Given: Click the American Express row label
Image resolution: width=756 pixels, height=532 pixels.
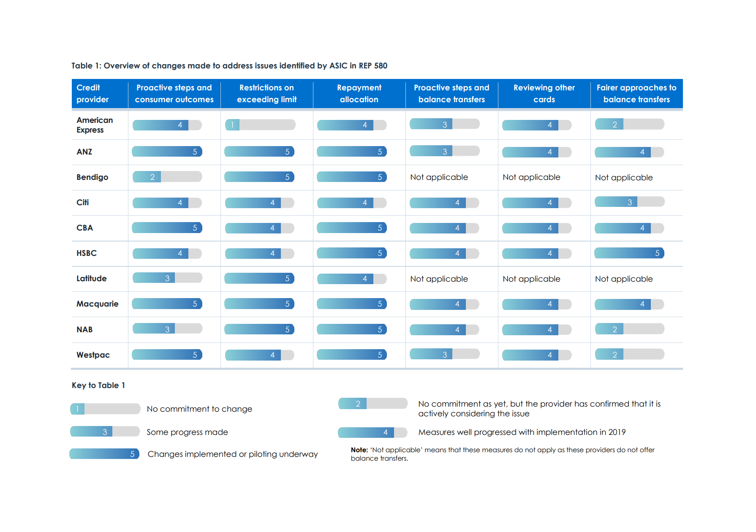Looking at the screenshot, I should [x=95, y=125].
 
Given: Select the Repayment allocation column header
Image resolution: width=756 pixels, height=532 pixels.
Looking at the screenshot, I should [x=359, y=94].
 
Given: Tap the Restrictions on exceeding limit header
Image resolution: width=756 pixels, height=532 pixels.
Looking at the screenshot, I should [x=267, y=94].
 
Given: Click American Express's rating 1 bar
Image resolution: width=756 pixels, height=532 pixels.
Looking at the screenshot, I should [x=260, y=125].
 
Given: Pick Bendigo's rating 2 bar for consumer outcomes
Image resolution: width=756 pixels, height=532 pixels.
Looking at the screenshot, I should [x=167, y=177].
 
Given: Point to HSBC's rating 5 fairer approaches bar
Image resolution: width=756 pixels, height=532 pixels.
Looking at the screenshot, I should [x=629, y=253].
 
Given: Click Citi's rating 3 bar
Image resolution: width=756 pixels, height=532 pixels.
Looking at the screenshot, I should [x=629, y=202].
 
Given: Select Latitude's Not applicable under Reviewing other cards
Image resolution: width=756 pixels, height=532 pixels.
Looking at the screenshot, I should [x=531, y=279].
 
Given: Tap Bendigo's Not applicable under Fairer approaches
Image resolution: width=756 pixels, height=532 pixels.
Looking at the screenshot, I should [x=624, y=178].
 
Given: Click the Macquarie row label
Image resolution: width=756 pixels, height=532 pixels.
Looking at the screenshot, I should [x=98, y=304].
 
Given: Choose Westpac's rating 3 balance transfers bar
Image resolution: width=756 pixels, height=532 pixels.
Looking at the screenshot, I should [x=444, y=355].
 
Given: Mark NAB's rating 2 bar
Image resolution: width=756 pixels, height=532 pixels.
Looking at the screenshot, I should [x=629, y=329].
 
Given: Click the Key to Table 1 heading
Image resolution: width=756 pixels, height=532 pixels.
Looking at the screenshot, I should [x=98, y=385].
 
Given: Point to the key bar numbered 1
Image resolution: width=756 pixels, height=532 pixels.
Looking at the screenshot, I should [x=105, y=409].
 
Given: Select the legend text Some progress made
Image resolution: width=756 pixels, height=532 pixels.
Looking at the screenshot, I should [x=187, y=432].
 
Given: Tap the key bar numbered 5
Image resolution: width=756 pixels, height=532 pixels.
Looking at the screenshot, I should [x=104, y=454].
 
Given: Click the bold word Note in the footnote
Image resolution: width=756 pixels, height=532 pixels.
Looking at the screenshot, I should [x=359, y=450].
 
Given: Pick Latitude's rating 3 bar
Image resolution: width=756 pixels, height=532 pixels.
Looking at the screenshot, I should [x=167, y=278].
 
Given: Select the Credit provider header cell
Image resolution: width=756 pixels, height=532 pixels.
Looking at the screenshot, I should [x=92, y=94].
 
